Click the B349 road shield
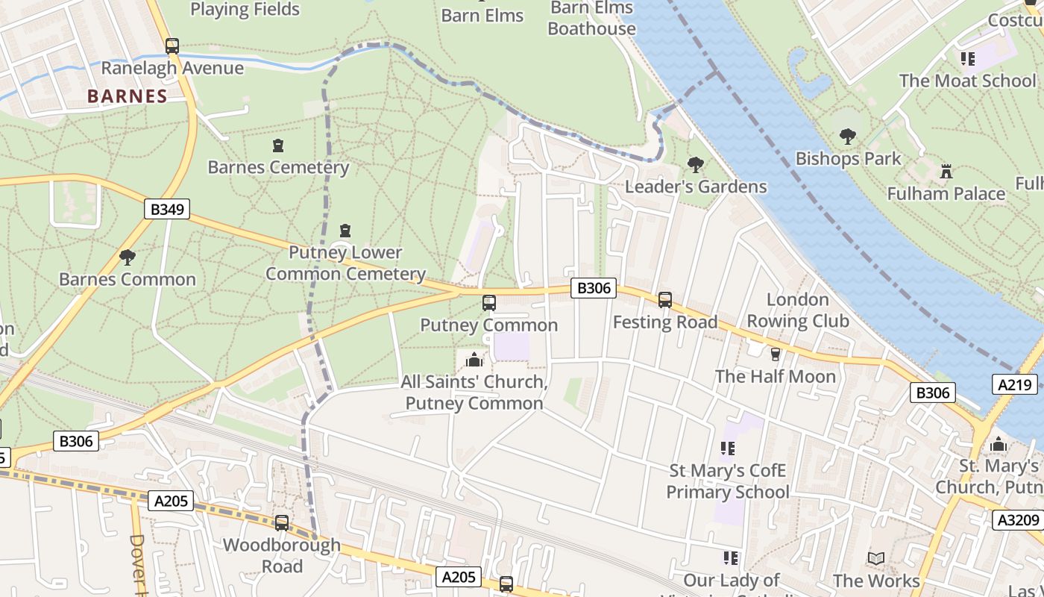[166, 209]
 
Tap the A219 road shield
[1015, 384]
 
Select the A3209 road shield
[1019, 519]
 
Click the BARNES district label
[127, 96]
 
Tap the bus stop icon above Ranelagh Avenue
[172, 46]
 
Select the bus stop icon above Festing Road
[664, 300]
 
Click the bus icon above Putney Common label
[489, 303]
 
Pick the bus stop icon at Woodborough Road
[282, 523]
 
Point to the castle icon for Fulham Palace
[946, 171]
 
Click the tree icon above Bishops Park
[847, 137]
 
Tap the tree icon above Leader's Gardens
[695, 164]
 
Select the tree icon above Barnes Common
[128, 257]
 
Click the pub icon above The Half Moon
[775, 354]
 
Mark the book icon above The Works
[876, 558]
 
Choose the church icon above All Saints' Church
[474, 360]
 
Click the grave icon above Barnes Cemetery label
[278, 146]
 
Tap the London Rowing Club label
[798, 310]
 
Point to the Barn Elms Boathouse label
[591, 19]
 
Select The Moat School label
[967, 81]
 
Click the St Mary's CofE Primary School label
[727, 481]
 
